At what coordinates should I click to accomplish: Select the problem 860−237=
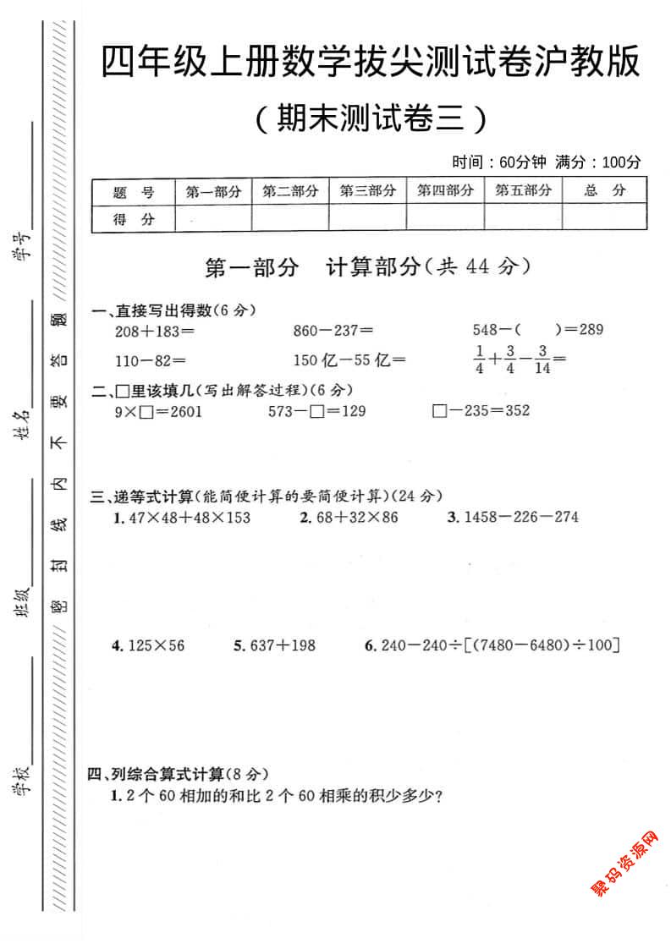click(x=333, y=330)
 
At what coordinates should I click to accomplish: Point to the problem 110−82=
click(x=150, y=360)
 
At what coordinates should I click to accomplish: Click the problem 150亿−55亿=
click(x=349, y=360)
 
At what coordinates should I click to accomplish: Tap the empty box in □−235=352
click(x=438, y=412)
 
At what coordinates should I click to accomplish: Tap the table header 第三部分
click(x=367, y=191)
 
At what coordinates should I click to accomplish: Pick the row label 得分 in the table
click(x=134, y=220)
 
